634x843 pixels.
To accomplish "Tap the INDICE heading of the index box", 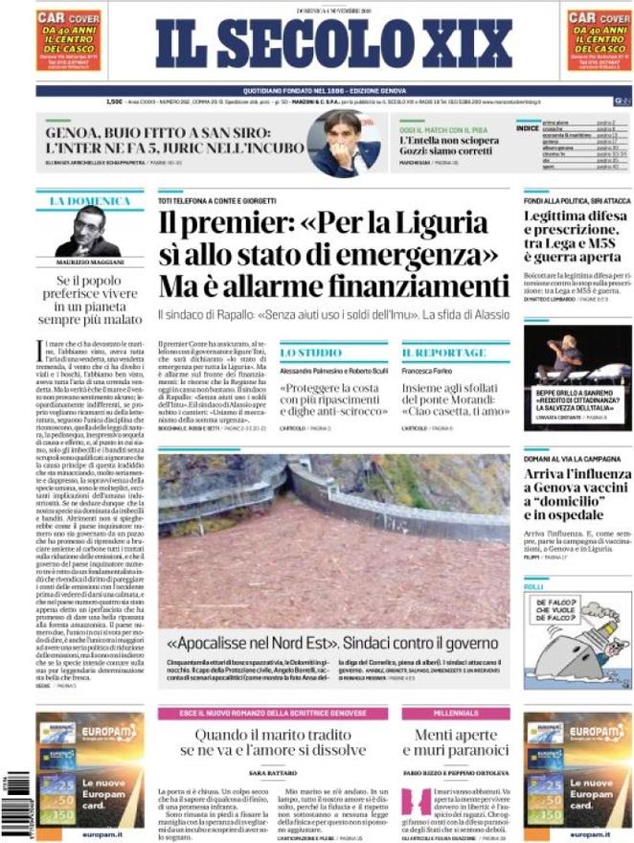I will coord(527,127).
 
